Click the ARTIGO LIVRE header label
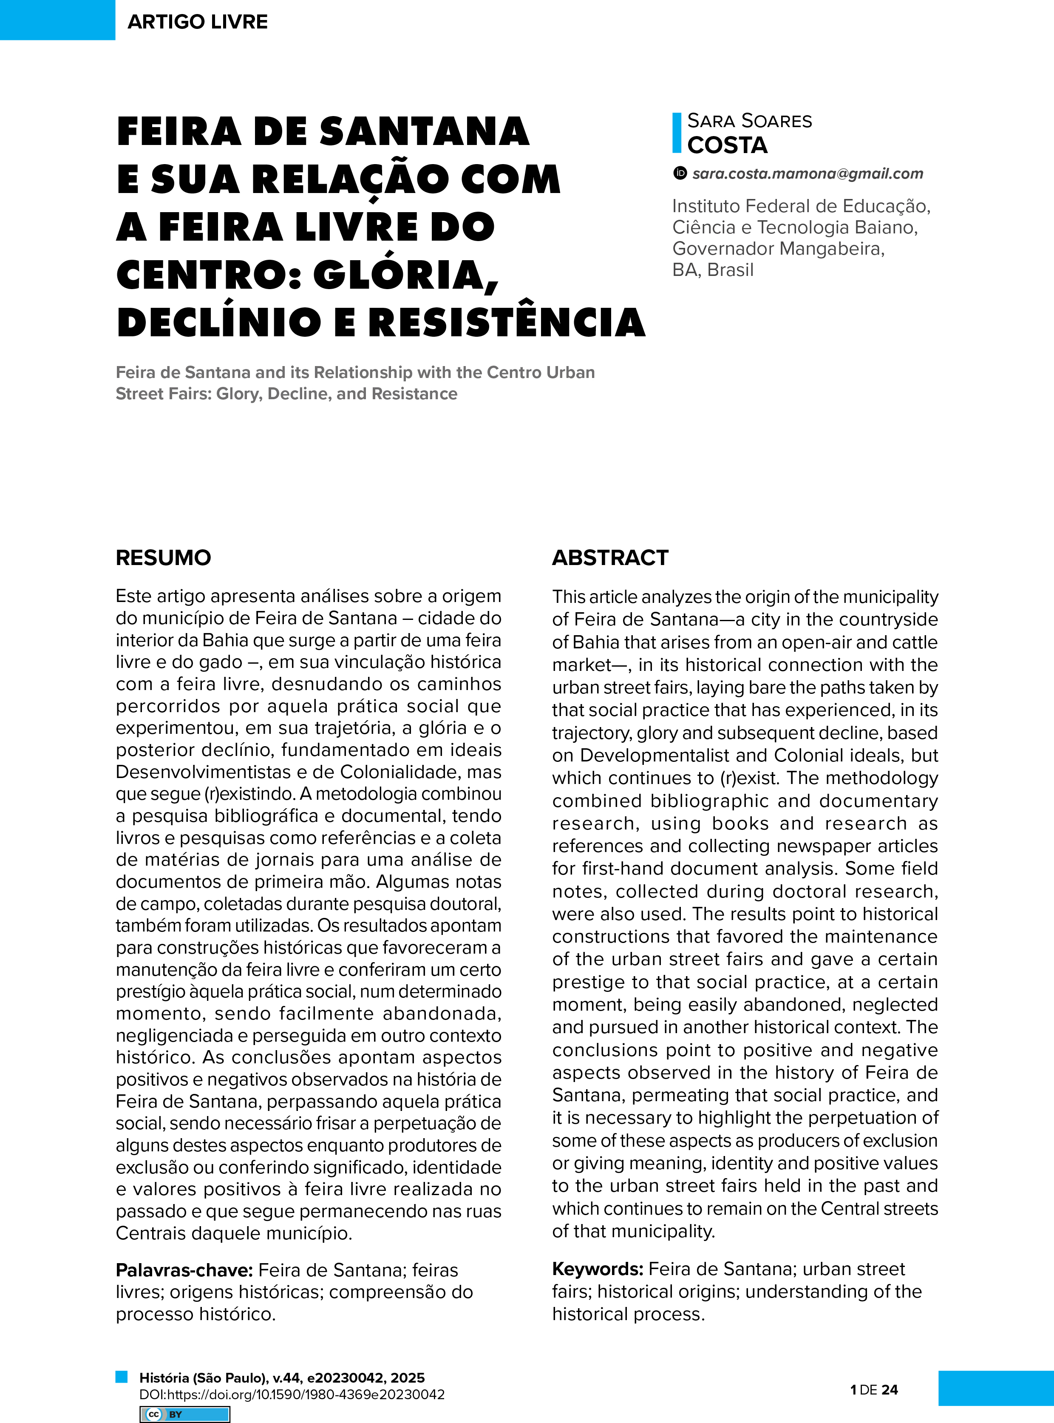pos(197,22)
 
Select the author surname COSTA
pos(727,145)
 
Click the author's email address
pos(808,173)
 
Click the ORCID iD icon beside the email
pos(680,173)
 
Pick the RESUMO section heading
pos(163,558)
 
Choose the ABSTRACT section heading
pos(610,558)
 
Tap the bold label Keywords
pos(597,1269)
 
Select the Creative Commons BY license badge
pos(184,1414)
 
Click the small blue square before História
pos(121,1376)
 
